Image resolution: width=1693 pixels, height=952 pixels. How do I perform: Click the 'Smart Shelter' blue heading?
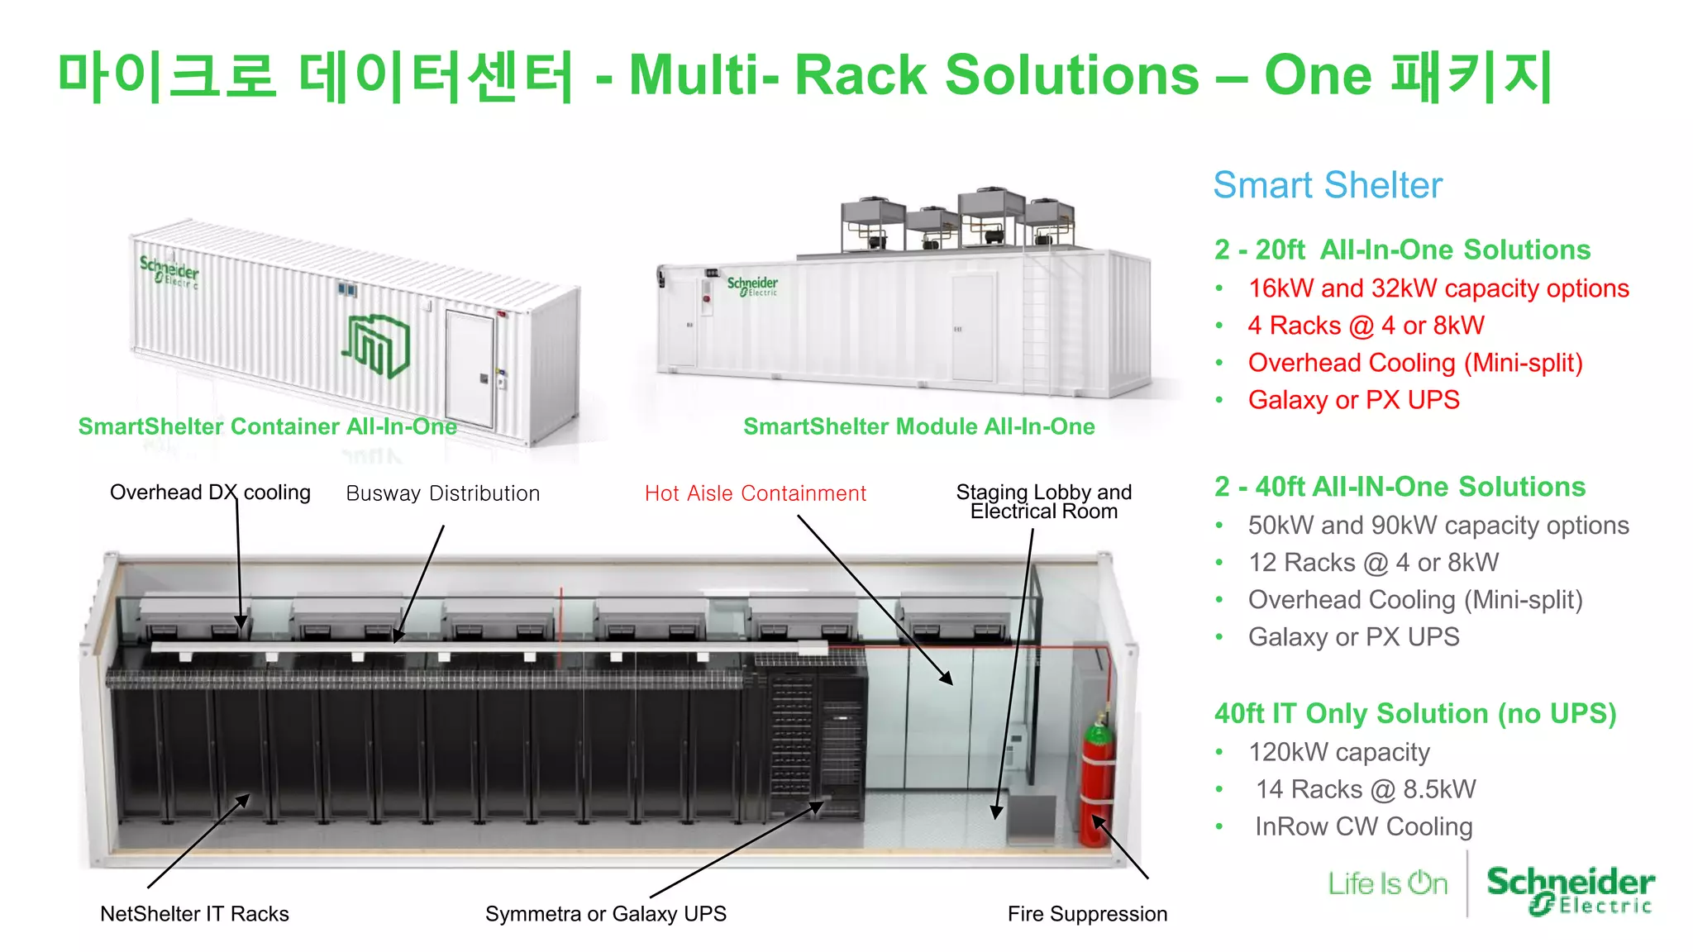click(x=1327, y=185)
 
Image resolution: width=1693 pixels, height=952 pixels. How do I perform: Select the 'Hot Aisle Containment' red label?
click(x=755, y=493)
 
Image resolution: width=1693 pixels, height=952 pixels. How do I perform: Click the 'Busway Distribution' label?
click(x=442, y=493)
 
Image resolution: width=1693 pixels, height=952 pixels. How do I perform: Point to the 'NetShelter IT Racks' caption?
click(x=194, y=914)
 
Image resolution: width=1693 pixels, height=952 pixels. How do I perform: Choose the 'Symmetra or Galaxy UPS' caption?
click(x=605, y=914)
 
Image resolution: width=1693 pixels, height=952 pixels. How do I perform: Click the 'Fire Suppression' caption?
click(x=1087, y=914)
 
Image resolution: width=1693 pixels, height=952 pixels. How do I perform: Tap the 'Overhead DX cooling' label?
click(x=210, y=493)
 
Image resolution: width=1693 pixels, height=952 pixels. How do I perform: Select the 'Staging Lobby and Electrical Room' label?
click(x=1043, y=502)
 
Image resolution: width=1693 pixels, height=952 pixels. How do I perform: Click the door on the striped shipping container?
click(x=470, y=368)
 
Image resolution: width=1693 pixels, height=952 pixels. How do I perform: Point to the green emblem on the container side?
click(x=377, y=345)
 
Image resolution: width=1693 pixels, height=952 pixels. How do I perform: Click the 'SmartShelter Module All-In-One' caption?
click(x=918, y=426)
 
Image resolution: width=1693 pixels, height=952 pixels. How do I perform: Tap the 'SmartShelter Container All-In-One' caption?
click(x=267, y=426)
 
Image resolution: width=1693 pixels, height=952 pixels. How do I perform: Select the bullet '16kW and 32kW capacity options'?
click(x=1438, y=288)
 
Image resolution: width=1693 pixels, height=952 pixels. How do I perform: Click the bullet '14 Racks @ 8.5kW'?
click(x=1365, y=789)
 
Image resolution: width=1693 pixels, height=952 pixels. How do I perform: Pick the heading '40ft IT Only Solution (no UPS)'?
click(x=1414, y=713)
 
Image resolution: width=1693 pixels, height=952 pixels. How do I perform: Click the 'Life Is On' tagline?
click(x=1387, y=883)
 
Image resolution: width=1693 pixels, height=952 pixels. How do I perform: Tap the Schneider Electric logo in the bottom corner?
click(x=1570, y=890)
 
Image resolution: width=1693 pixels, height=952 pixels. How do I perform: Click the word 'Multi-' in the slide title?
click(x=703, y=75)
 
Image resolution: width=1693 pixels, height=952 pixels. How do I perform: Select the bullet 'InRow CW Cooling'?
click(x=1363, y=826)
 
